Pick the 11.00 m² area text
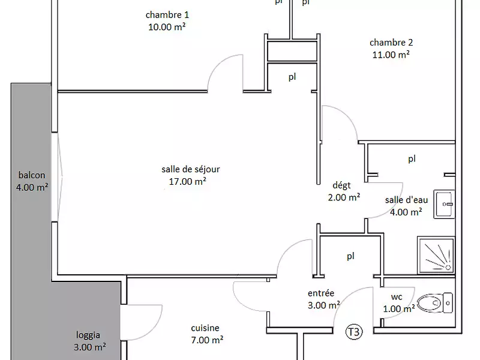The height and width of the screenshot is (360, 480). click(x=391, y=54)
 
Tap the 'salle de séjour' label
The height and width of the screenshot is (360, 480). click(x=186, y=169)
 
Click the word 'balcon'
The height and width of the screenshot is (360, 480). click(x=32, y=175)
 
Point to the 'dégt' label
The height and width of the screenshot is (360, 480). click(x=341, y=185)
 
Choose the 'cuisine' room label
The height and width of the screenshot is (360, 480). click(x=205, y=328)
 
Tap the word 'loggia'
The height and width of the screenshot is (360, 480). click(x=88, y=335)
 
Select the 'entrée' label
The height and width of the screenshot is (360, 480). click(x=321, y=293)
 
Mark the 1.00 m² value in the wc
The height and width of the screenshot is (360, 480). click(x=399, y=309)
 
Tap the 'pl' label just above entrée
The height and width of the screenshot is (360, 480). click(x=350, y=256)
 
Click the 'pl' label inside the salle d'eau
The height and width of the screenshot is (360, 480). click(x=412, y=159)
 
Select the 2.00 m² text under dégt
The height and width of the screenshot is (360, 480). click(x=343, y=197)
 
